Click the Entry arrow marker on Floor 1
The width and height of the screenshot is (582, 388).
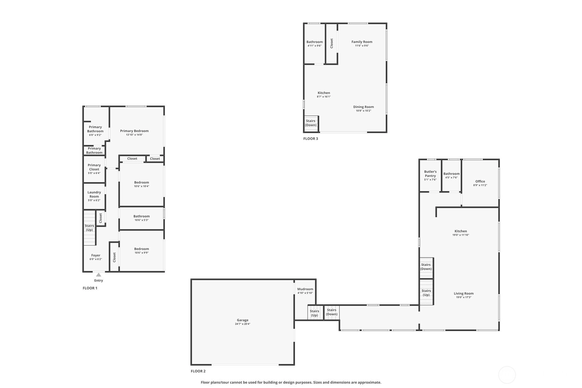click(98, 275)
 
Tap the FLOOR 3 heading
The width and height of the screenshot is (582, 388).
click(310, 139)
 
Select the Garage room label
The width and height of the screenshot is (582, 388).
click(242, 320)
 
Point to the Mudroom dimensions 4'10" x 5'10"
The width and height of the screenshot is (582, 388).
click(305, 293)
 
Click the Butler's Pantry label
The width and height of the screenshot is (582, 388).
click(430, 174)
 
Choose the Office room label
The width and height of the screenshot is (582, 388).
click(480, 181)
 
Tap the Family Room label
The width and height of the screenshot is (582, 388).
click(362, 42)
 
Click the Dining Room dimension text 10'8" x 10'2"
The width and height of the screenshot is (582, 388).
click(363, 111)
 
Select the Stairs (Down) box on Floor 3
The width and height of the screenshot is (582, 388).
click(311, 123)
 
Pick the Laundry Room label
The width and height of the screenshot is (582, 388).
click(94, 195)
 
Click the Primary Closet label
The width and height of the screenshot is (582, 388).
click(94, 167)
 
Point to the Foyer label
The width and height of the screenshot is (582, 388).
click(96, 255)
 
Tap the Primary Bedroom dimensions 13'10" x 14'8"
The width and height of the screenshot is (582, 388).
click(134, 135)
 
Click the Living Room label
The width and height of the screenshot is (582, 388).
click(464, 293)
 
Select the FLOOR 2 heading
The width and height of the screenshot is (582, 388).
click(198, 371)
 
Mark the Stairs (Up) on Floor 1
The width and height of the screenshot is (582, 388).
click(90, 228)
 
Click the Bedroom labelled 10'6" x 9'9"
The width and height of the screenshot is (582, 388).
click(141, 249)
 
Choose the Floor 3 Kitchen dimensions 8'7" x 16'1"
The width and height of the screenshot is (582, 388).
click(323, 97)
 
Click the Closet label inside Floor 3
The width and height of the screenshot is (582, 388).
click(332, 44)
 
